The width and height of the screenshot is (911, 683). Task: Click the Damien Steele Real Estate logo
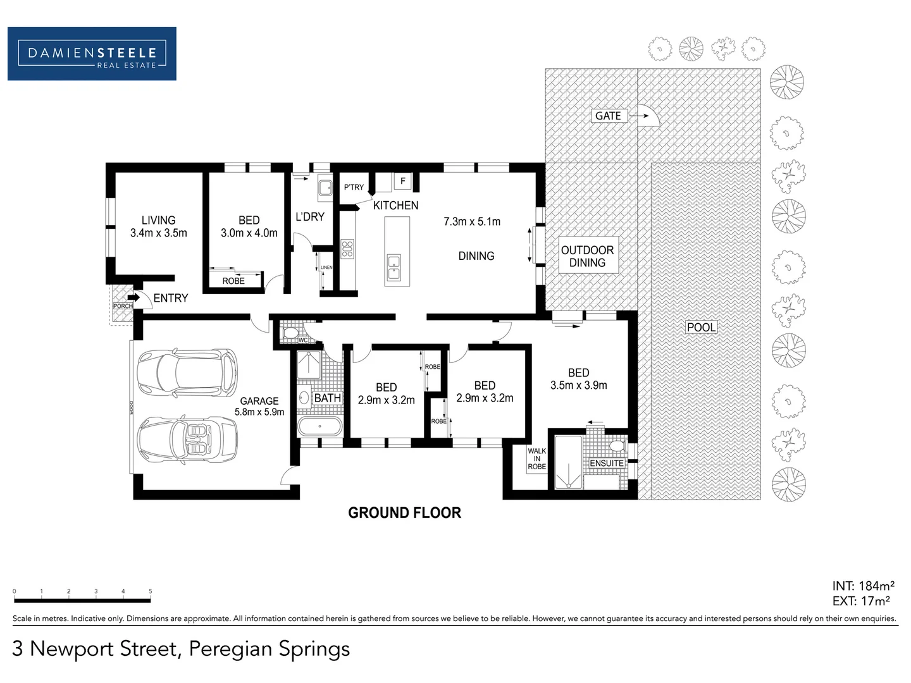point(92,54)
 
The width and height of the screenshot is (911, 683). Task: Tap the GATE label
point(608,116)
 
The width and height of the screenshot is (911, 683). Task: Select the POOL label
point(701,327)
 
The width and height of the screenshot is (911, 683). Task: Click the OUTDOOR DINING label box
point(587,256)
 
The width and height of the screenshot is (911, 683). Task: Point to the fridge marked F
point(403,182)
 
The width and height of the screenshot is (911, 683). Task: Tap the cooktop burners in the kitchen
point(347,249)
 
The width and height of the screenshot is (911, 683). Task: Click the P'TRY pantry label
point(354,187)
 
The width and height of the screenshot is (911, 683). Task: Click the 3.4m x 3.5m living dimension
point(158,233)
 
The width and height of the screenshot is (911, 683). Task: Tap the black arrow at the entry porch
point(133,297)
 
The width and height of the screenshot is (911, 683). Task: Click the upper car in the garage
point(188,373)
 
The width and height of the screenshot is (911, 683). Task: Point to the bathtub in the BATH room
point(319,427)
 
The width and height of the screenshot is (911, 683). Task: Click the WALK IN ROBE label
point(536,458)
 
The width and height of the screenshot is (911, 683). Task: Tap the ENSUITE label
point(606,463)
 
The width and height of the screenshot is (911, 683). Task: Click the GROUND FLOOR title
point(404,513)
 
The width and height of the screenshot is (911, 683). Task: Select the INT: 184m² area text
point(863,586)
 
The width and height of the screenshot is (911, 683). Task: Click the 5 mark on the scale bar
point(151,592)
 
